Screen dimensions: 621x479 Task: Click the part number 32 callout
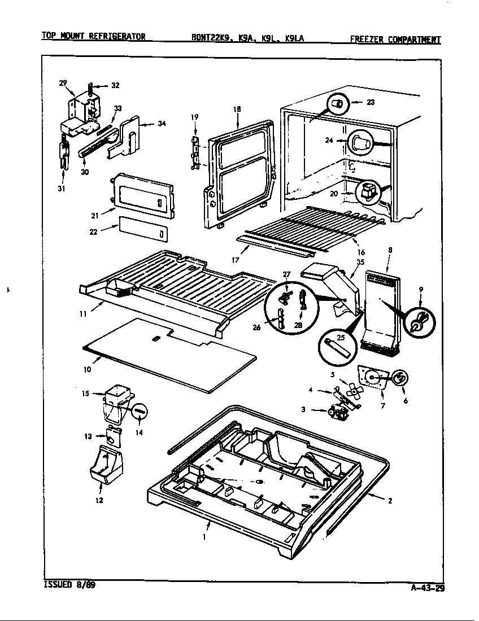[115, 86]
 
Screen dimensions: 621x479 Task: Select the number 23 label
[371, 102]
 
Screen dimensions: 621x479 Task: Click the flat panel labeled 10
[169, 356]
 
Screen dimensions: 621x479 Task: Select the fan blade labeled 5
[350, 390]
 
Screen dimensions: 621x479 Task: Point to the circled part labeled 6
[401, 378]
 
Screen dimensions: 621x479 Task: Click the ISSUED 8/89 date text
[69, 585]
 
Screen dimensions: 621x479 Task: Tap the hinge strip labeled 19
[195, 152]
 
